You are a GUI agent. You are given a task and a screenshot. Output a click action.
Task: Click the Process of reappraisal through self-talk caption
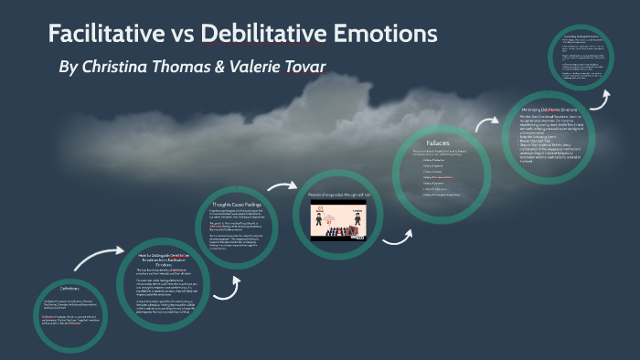pos(336,195)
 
